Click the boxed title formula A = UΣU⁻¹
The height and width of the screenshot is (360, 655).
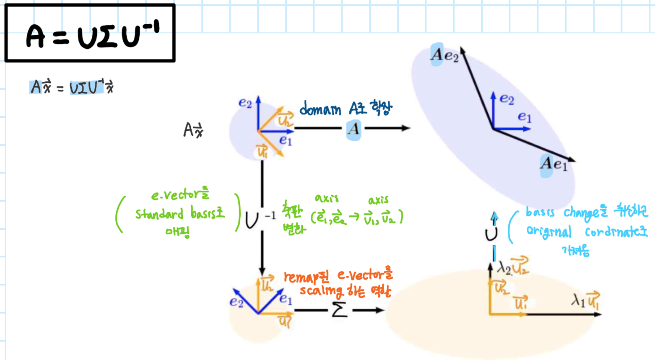pos(90,34)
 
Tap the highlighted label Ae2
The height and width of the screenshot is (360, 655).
pos(444,55)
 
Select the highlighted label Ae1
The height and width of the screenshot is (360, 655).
pos(553,164)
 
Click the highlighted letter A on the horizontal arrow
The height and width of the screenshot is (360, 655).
pos(353,128)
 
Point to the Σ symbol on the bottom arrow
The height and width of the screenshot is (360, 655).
pos(339,310)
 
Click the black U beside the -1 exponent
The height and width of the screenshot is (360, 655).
pos(252,220)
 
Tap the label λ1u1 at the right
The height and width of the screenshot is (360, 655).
pos(586,300)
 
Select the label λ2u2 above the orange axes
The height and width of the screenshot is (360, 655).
pos(512,267)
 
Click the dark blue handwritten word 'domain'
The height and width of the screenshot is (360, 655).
pos(320,110)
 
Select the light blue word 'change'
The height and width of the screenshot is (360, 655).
pos(581,213)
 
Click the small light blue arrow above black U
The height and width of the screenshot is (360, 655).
pos(495,218)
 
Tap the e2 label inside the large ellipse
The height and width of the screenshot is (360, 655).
pos(507,99)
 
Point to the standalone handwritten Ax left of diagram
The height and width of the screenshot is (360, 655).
pos(193,130)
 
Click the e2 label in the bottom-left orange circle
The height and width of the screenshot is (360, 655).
pos(236,302)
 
